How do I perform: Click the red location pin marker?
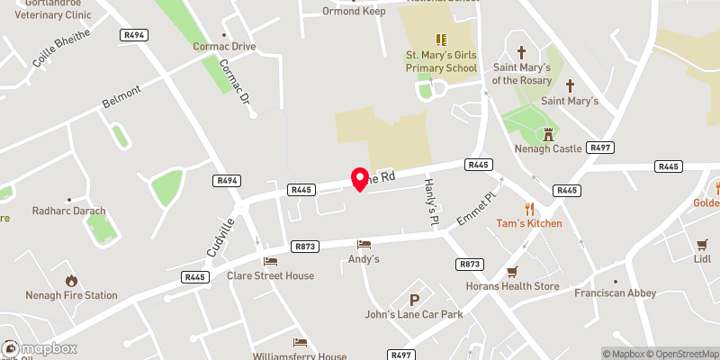coord(360,178)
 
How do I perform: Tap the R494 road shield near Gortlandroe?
coord(133,34)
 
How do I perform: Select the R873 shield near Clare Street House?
coord(304,245)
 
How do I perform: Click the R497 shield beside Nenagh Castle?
coord(598,147)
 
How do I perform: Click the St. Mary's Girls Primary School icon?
coord(441,40)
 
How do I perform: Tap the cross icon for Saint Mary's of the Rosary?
coord(520,53)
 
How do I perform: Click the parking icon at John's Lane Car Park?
coord(415,301)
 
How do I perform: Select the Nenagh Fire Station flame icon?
coord(71,281)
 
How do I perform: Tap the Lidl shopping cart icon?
coord(703,244)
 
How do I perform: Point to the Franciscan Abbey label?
coord(616,292)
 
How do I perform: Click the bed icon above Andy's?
coord(364,244)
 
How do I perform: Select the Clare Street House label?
coord(270,275)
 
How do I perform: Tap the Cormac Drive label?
coord(225,46)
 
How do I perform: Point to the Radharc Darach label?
coord(69,211)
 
